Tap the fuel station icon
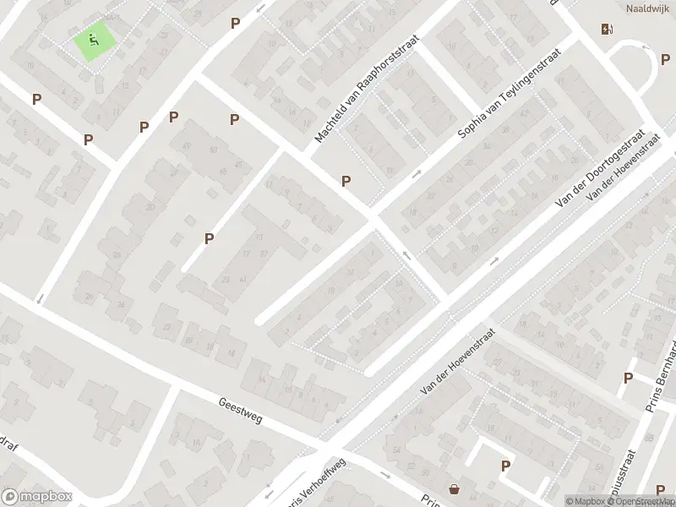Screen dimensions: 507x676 click(606, 30)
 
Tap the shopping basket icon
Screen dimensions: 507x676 click(455, 488)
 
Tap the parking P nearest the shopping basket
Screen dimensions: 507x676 click(505, 465)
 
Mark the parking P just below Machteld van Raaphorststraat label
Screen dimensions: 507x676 click(346, 181)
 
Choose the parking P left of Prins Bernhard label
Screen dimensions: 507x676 click(628, 378)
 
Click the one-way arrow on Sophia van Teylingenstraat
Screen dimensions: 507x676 click(416, 175)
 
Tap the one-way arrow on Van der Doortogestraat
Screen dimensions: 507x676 click(494, 260)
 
